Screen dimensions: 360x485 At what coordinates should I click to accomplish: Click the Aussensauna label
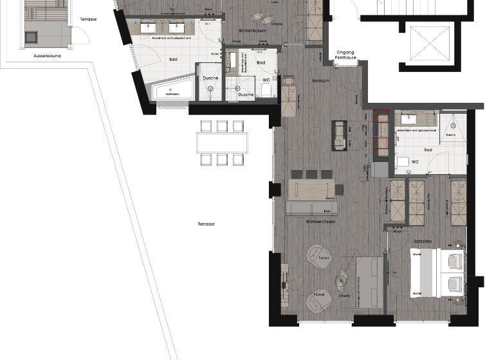[x=46, y=56]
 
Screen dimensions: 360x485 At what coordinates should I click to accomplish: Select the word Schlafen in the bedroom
[x=423, y=240]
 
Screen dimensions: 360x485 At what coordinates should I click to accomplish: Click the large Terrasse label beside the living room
[x=206, y=224]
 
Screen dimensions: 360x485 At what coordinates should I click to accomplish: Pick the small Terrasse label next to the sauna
[x=88, y=19]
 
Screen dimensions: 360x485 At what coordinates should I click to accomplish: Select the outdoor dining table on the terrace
[x=223, y=141]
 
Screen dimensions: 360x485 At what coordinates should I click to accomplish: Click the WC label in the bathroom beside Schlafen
[x=416, y=162]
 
